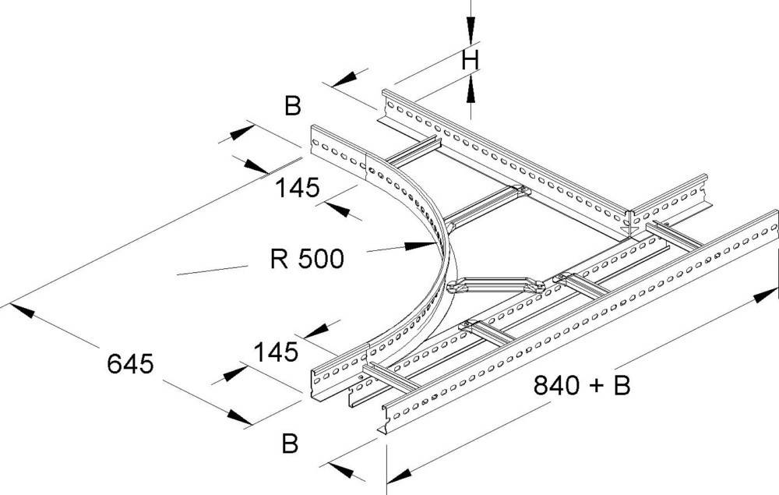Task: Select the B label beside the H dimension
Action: coord(292,106)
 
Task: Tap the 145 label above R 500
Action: coord(297,188)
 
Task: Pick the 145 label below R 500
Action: coord(276,352)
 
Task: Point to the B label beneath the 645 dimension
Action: coord(290,444)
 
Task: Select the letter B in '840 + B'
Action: coord(621,384)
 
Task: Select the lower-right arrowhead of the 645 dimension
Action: coord(237,418)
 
